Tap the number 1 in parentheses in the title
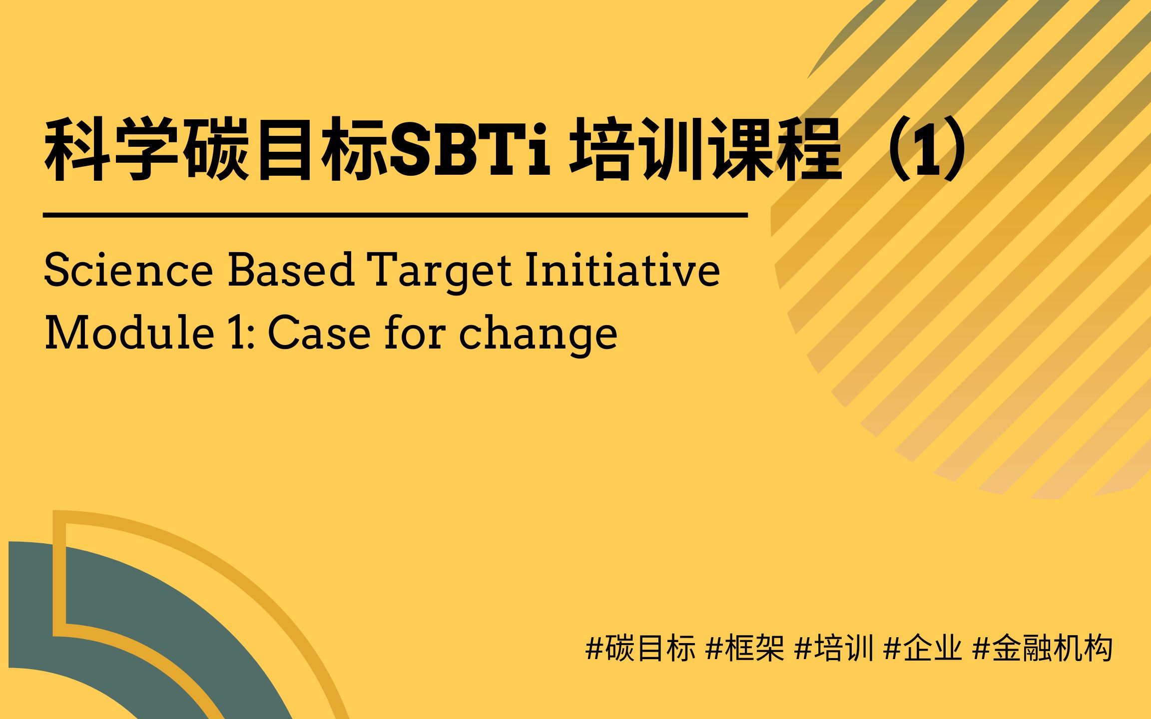(930, 150)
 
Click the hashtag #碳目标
(640, 649)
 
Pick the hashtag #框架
(744, 649)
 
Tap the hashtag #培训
(834, 649)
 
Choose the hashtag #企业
(923, 649)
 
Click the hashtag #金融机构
(1043, 649)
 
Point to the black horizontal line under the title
(395, 215)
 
